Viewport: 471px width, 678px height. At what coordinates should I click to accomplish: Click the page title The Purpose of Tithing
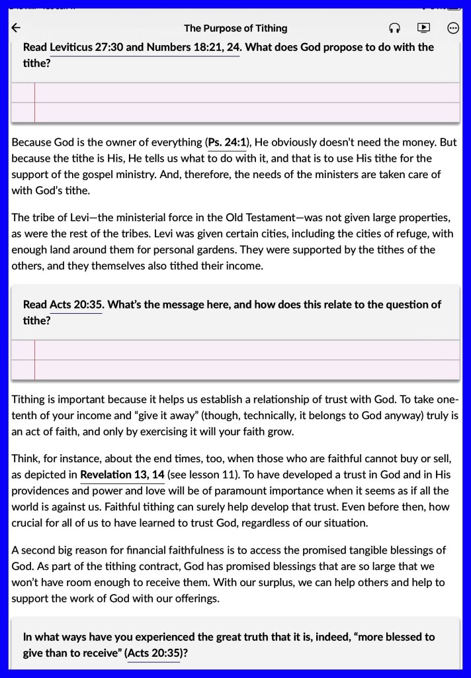coord(235,28)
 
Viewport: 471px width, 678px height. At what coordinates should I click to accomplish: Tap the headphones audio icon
coord(394,28)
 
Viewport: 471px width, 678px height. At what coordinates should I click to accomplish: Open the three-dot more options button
coord(453,28)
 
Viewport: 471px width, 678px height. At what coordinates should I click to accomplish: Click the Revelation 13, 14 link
coord(122,475)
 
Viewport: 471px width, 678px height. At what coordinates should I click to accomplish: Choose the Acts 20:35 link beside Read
coord(76,305)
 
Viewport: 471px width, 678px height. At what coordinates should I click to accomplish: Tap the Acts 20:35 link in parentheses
coord(153,654)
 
